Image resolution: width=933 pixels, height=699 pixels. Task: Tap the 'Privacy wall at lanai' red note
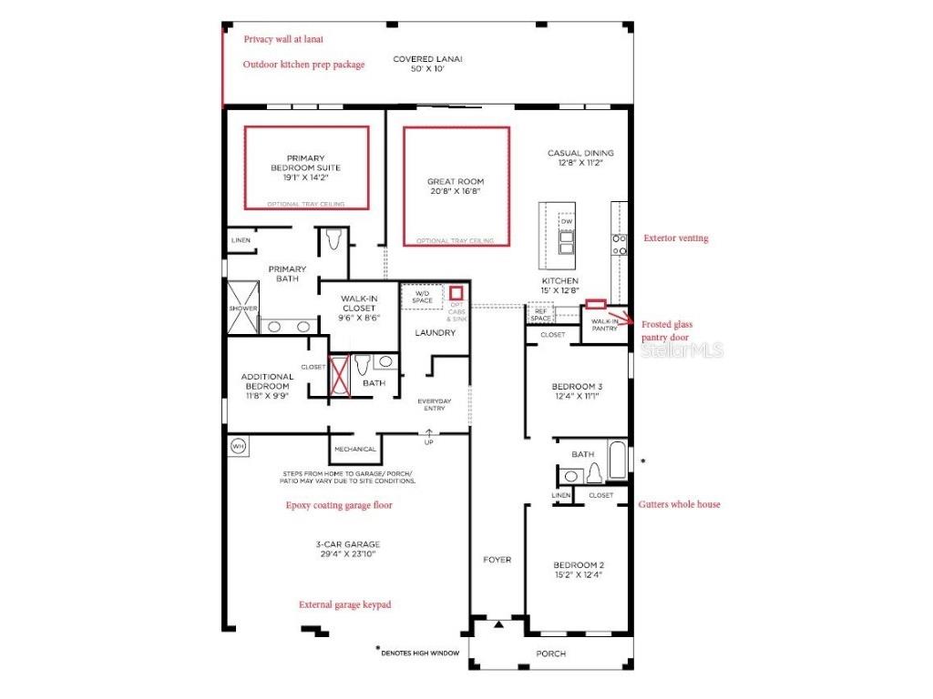coord(282,39)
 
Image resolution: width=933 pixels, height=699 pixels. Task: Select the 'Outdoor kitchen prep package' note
coord(303,65)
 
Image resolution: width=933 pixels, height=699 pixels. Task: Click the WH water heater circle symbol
coord(239,446)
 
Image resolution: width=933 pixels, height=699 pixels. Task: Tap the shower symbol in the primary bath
coord(243,308)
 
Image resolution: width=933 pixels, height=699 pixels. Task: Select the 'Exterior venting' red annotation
coord(675,238)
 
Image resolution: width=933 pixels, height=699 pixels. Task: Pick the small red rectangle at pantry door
coord(598,304)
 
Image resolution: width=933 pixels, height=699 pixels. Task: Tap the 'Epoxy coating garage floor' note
coord(339,505)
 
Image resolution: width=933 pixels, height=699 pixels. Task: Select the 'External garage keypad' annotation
coord(345,604)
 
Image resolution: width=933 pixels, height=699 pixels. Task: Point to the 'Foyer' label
coord(497,560)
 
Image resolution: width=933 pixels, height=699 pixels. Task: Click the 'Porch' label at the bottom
coord(550,653)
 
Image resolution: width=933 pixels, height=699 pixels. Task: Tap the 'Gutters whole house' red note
coord(679,504)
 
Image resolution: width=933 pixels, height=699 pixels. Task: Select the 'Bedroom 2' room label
coord(577,570)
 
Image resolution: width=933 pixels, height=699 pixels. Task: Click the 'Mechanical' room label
coord(354,449)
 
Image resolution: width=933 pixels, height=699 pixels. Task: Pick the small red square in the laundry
coord(456,292)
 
